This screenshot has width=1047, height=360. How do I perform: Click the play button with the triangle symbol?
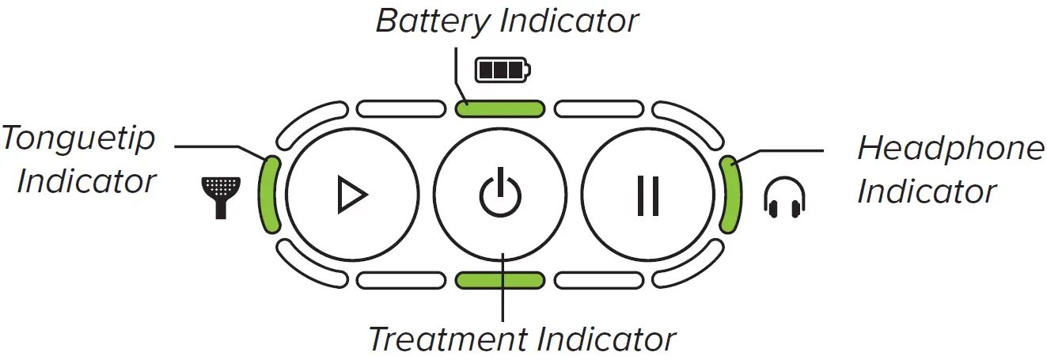point(351,195)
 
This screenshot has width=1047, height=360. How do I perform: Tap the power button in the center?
point(500,195)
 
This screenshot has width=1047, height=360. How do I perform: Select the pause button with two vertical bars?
point(648,195)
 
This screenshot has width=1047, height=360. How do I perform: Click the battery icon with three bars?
point(503,70)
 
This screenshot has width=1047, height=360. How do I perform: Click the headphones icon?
point(783,197)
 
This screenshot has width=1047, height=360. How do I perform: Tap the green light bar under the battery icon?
point(500,108)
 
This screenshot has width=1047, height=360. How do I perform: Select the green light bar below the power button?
point(500,279)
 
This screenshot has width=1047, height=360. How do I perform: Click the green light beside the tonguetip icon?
point(270,194)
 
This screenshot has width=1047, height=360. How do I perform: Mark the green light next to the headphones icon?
point(730,194)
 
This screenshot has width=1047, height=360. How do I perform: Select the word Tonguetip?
point(79,138)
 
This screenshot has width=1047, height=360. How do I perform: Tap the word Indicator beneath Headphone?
point(927,191)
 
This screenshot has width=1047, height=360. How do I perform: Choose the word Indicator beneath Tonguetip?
point(85,181)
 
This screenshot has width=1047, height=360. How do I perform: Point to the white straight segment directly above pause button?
point(599,108)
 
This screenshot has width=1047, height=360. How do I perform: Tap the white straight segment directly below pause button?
point(599,279)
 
